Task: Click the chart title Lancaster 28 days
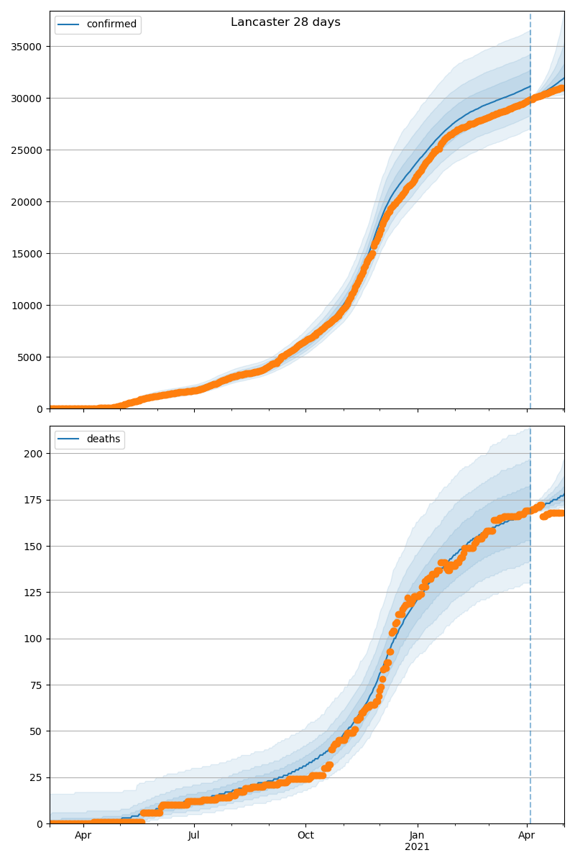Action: [285, 22]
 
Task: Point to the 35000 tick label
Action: [27, 47]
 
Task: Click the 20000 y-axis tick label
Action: [27, 202]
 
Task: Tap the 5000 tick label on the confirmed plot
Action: [29, 357]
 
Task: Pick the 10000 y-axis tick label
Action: [27, 306]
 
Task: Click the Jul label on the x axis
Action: [194, 836]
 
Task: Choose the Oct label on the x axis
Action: [305, 836]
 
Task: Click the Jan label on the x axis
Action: [417, 836]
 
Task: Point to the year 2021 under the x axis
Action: [417, 847]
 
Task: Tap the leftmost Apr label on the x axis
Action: [83, 836]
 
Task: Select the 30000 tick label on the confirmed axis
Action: [27, 99]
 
